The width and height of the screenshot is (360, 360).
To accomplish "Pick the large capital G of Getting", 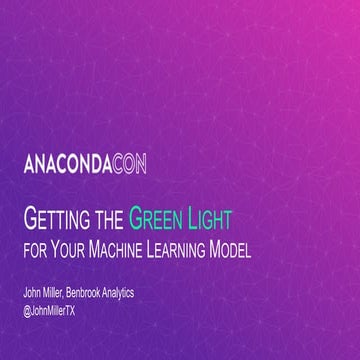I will point(30,216).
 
